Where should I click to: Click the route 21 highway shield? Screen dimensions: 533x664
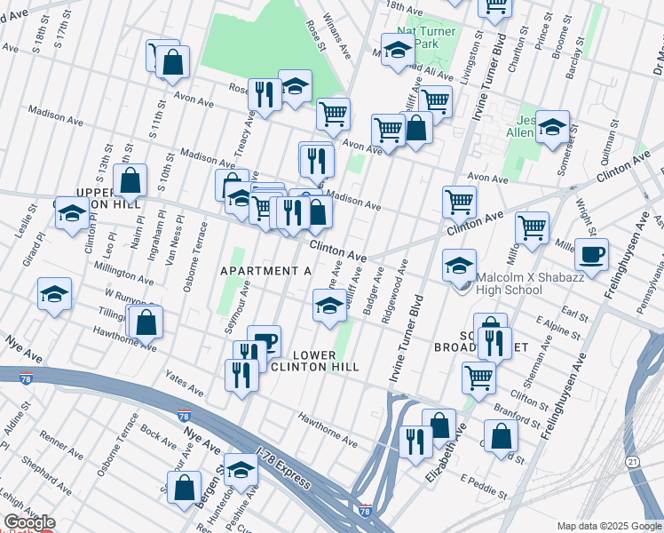[632, 462]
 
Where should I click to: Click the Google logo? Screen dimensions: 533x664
[29, 522]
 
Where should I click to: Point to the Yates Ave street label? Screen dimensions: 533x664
[186, 384]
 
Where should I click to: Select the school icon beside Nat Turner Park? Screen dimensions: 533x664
[398, 51]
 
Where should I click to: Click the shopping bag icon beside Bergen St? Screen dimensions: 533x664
[184, 489]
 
